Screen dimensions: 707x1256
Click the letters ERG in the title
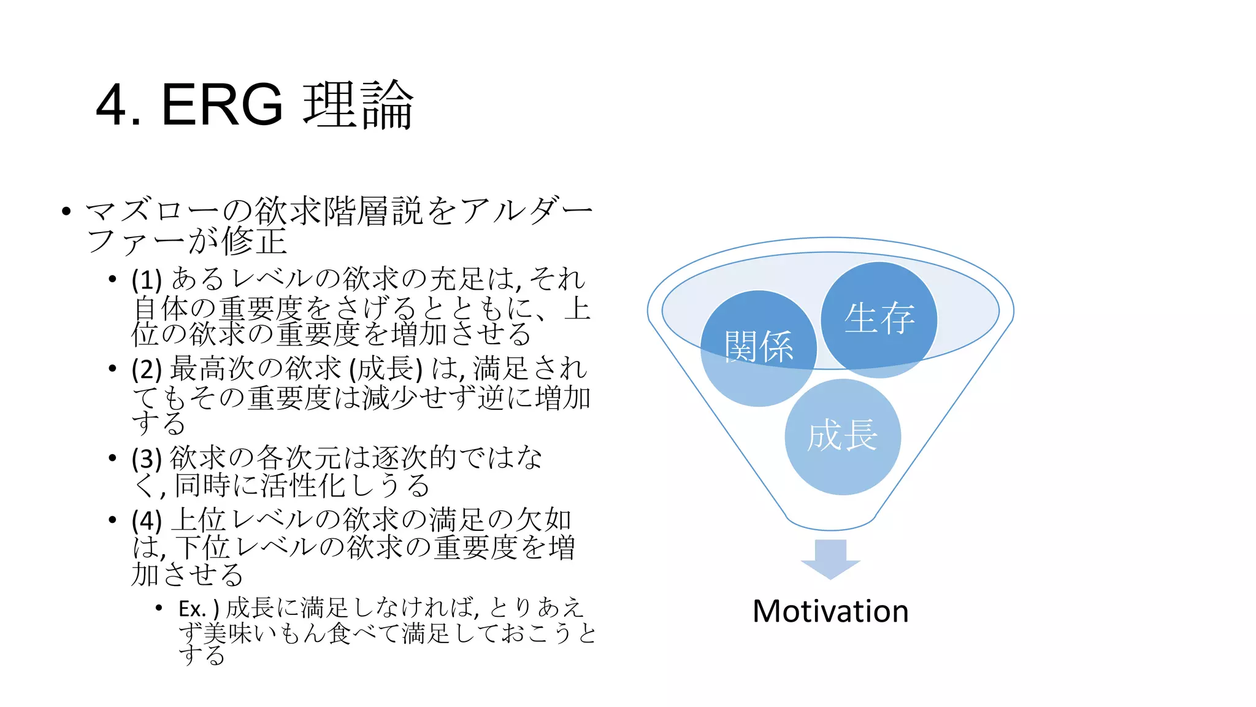point(221,105)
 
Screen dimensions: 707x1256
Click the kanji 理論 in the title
point(359,105)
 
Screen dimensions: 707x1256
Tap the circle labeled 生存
point(879,319)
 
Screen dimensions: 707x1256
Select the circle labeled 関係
point(758,347)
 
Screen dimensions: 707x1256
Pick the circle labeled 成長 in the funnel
point(842,436)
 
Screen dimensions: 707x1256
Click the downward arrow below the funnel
point(830,558)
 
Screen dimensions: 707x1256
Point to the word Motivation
point(830,611)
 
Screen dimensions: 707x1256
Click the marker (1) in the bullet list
point(147,280)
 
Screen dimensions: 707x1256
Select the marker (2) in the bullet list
point(147,369)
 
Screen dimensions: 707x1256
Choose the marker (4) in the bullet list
point(147,520)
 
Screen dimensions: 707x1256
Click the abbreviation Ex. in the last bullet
point(192,609)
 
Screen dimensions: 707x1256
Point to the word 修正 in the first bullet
point(254,241)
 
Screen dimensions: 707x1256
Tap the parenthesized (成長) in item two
point(386,369)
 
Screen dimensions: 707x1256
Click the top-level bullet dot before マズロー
point(66,212)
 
